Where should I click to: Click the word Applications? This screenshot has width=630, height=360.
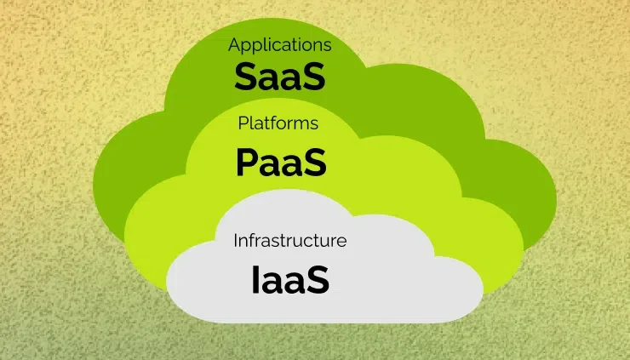tap(279, 44)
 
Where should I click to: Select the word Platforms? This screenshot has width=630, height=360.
tap(278, 123)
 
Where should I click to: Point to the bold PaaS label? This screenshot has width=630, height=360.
tap(281, 162)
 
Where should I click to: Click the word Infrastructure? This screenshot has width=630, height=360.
tap(290, 240)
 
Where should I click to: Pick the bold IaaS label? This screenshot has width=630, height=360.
tap(290, 280)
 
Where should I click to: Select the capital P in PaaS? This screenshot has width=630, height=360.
tap(246, 162)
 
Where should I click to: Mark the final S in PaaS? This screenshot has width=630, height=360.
tap(315, 162)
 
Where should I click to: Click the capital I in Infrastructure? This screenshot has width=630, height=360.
tap(236, 240)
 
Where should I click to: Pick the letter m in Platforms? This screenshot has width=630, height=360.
tap(302, 124)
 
